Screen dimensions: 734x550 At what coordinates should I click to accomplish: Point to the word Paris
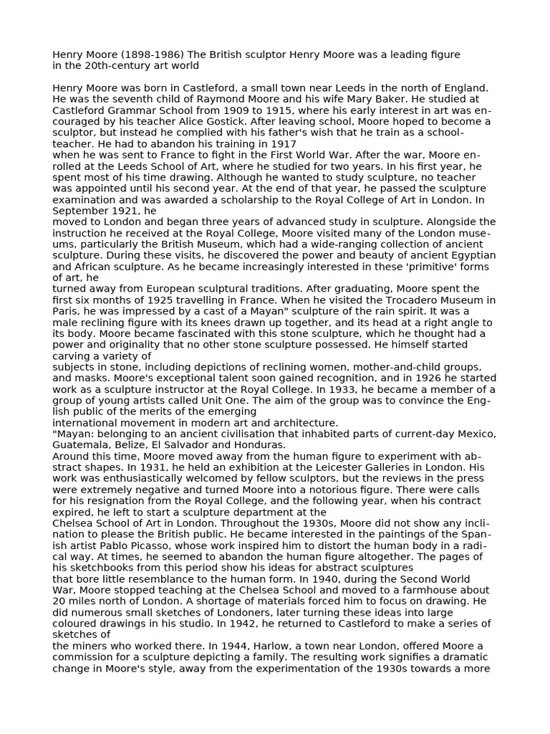pos(66,311)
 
